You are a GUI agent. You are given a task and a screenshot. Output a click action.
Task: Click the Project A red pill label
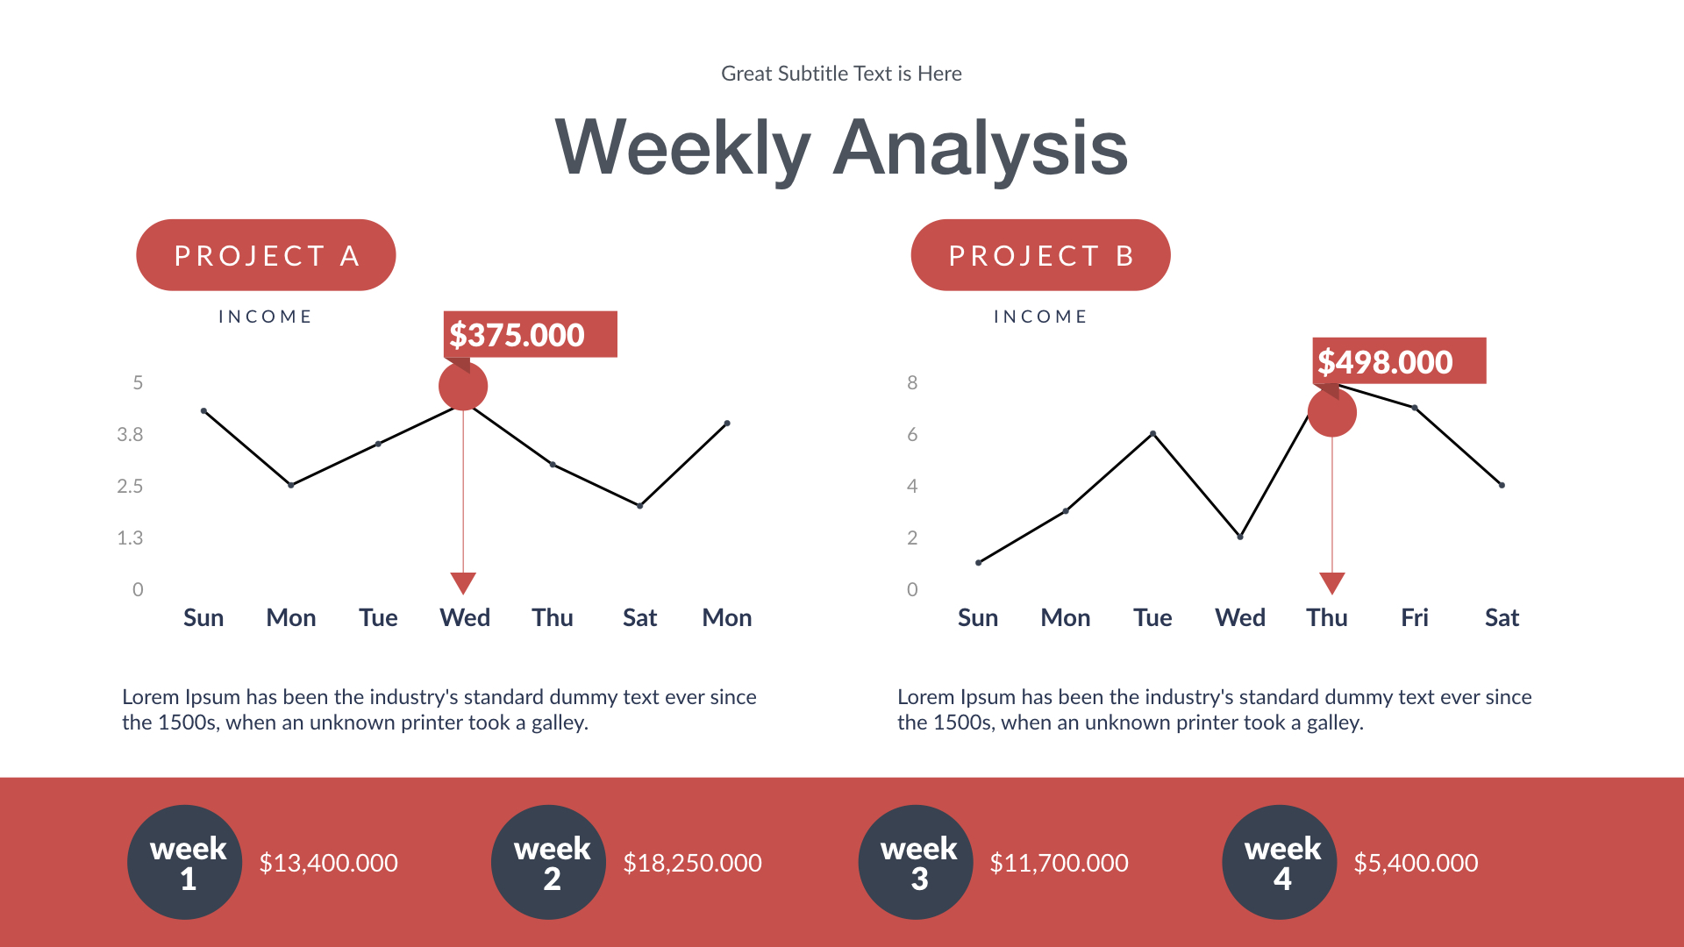click(266, 255)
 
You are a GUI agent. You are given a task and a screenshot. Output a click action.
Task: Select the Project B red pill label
click(1040, 255)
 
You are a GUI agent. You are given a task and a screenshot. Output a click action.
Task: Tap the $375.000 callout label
click(530, 335)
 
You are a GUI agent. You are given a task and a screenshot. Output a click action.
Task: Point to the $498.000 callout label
click(1398, 361)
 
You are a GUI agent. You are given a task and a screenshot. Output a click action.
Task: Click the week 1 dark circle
click(185, 862)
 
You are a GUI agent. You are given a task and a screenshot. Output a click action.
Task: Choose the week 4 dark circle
click(1280, 862)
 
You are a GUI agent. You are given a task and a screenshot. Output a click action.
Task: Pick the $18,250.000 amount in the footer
click(692, 863)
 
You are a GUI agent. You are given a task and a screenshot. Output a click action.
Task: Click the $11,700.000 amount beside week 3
click(1059, 863)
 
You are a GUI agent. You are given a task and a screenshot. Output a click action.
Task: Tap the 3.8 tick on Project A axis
click(130, 434)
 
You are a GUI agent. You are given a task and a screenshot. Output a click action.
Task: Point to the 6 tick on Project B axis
click(912, 434)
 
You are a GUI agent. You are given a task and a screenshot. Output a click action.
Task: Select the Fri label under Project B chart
click(1414, 617)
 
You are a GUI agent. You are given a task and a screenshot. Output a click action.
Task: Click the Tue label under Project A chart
click(378, 617)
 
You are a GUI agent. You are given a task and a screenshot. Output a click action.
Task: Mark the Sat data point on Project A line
click(640, 506)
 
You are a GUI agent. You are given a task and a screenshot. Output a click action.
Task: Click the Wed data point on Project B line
click(1240, 537)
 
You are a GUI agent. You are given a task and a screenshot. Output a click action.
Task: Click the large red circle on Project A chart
click(463, 387)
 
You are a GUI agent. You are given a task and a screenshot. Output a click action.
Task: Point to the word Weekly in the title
click(683, 148)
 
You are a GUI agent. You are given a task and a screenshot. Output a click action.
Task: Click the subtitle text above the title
click(841, 74)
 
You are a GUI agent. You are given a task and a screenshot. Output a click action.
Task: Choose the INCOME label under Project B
click(1040, 317)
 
